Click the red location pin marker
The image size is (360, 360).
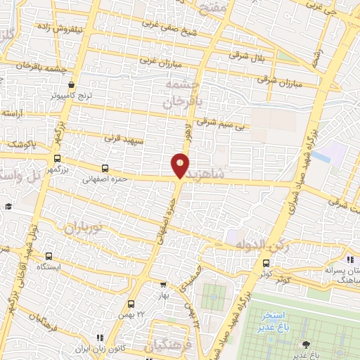click(181, 165)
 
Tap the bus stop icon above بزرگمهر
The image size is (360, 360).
click(57, 159)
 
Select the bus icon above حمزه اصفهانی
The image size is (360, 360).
click(105, 168)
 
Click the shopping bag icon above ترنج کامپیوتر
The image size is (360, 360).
click(72, 84)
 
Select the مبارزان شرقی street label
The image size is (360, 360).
click(279, 81)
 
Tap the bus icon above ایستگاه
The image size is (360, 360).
click(49, 257)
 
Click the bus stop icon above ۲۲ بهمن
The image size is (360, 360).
click(131, 304)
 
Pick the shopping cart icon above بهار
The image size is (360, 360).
click(164, 285)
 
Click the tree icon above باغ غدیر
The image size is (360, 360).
click(305, 344)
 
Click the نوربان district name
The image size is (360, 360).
click(84, 228)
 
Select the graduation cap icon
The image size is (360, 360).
click(8, 206)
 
